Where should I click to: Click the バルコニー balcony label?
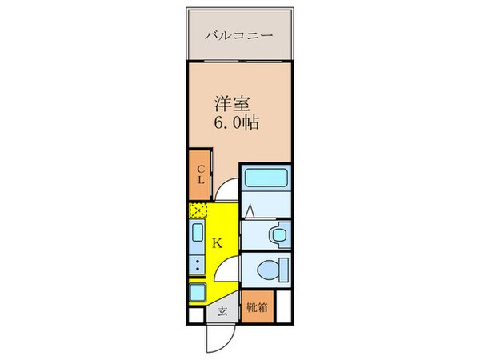(x=239, y=35)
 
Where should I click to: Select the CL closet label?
(x=202, y=174)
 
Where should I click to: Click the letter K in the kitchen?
(x=218, y=242)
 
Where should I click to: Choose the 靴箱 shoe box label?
(x=256, y=306)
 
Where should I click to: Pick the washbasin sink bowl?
(x=278, y=235)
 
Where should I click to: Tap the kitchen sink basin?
(x=198, y=234)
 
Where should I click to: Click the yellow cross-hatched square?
(x=198, y=211)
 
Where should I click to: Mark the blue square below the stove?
(x=198, y=292)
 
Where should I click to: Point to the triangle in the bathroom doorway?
(x=250, y=211)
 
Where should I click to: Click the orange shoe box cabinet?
(x=256, y=306)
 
